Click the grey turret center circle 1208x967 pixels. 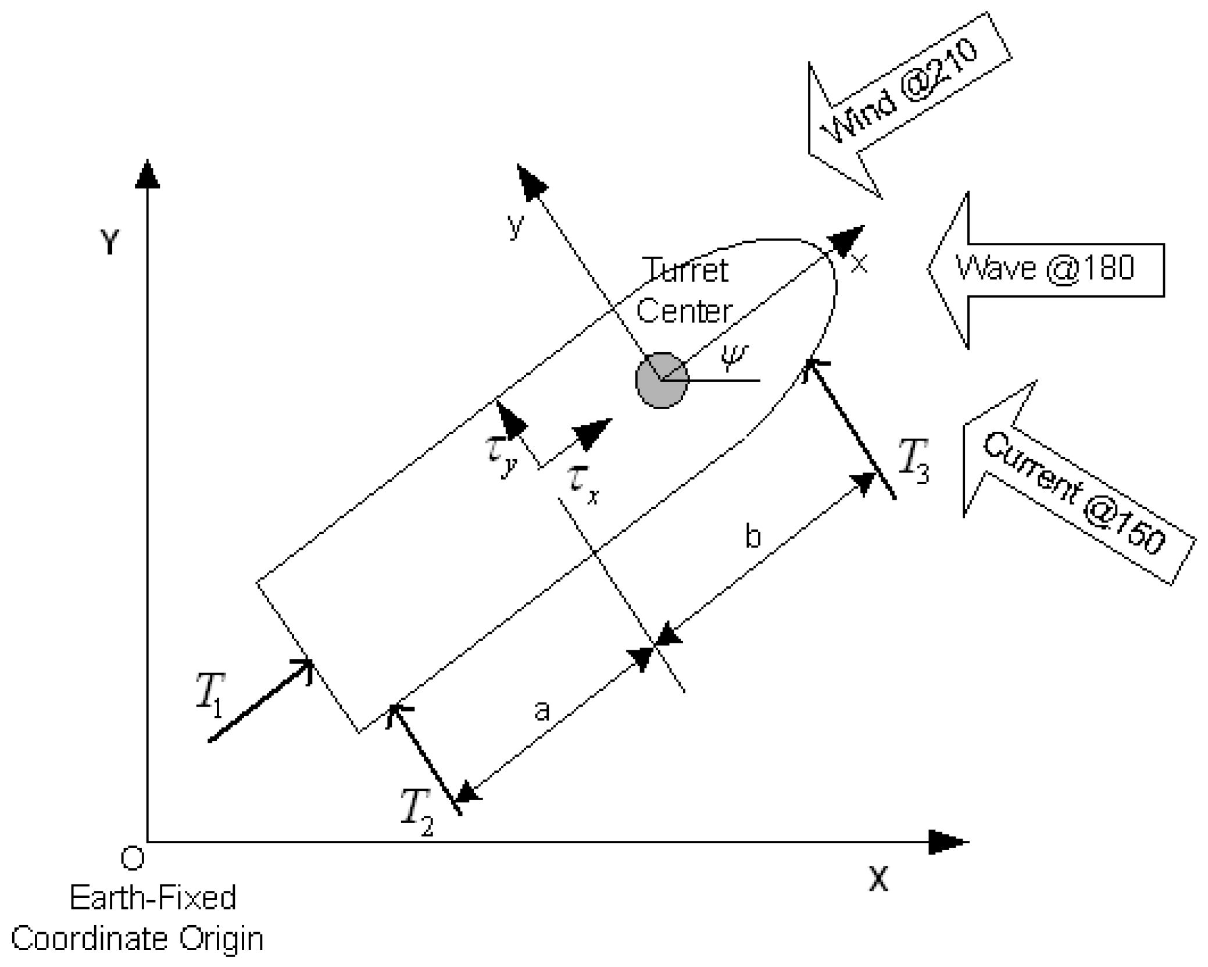tap(662, 380)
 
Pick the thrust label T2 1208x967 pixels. tap(417, 812)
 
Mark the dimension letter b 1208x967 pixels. tap(753, 536)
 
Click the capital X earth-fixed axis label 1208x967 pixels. tap(878, 879)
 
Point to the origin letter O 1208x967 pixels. tap(133, 858)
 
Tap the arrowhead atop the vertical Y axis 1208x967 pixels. tap(147, 174)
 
